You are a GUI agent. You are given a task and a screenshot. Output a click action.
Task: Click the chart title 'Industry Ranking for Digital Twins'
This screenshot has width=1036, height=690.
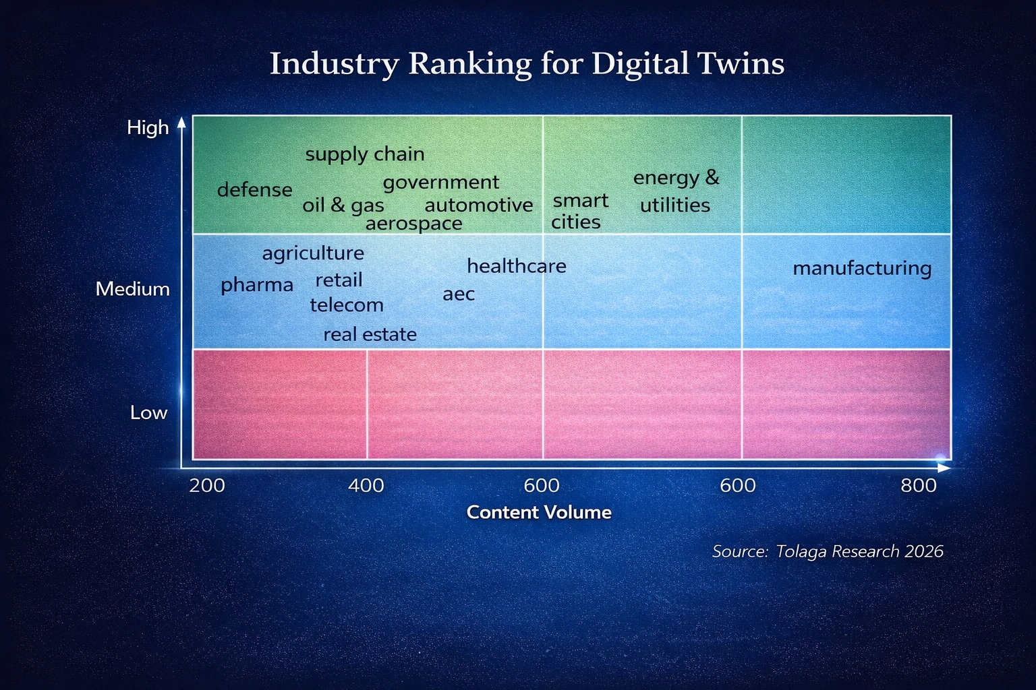[x=527, y=64]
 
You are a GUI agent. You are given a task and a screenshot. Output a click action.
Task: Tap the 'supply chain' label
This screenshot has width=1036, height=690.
[x=365, y=154]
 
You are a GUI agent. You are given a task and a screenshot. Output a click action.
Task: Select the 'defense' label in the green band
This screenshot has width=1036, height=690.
[x=254, y=190]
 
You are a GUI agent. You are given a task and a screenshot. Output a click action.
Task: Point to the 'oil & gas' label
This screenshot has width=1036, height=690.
[x=343, y=205]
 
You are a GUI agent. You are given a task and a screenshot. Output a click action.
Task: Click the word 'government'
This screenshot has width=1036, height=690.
[x=441, y=183]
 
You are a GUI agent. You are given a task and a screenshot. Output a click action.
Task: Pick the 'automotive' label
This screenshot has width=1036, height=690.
[x=479, y=205]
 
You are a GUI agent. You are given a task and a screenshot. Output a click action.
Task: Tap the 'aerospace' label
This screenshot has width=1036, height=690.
[x=413, y=223]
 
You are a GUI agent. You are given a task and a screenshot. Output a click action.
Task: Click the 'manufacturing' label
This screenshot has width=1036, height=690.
[x=862, y=268]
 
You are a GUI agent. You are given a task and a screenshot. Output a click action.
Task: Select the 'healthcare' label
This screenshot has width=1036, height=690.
[x=517, y=266]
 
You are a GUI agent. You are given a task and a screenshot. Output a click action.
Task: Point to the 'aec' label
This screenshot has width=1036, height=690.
[x=459, y=294]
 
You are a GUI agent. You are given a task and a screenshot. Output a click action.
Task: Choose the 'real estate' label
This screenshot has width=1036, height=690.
[x=370, y=334]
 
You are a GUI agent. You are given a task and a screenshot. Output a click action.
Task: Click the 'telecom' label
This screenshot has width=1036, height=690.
[x=347, y=305]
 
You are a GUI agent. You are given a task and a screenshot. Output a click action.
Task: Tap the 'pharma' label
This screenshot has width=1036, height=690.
[x=257, y=285]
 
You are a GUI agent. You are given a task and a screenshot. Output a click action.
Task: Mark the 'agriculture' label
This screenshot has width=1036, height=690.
[x=313, y=253]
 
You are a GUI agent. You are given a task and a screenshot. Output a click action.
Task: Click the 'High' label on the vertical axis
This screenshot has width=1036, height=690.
[x=148, y=127]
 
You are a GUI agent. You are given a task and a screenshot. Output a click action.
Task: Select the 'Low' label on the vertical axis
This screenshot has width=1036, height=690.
[x=148, y=412]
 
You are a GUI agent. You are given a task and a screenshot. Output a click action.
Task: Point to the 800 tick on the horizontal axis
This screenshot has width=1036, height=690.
[x=919, y=485]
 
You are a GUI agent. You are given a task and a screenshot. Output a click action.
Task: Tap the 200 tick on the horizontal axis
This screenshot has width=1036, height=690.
[x=207, y=485]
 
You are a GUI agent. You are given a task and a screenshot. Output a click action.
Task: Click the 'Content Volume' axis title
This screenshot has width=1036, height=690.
[x=539, y=512]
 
